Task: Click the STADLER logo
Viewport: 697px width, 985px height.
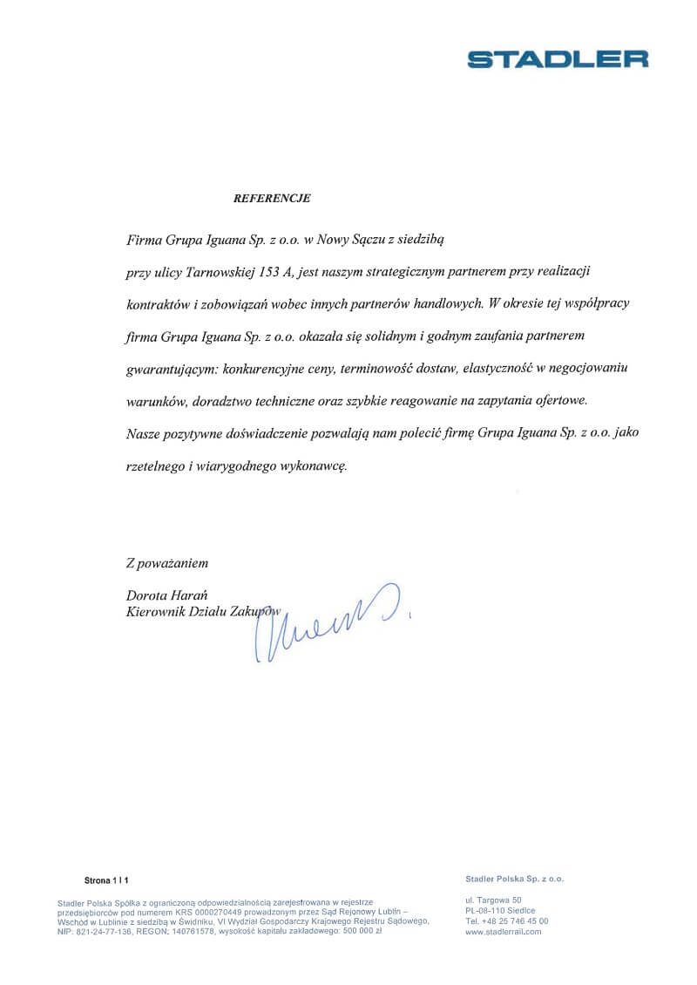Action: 558,59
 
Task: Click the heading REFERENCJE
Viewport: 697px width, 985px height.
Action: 272,198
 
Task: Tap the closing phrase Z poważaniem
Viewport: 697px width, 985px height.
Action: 167,563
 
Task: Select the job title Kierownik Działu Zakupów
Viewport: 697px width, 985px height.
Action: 203,612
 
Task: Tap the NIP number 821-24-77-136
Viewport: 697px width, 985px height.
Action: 104,931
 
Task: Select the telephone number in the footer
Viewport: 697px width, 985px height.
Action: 506,920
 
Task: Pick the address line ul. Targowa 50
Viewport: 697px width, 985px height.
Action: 493,899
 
